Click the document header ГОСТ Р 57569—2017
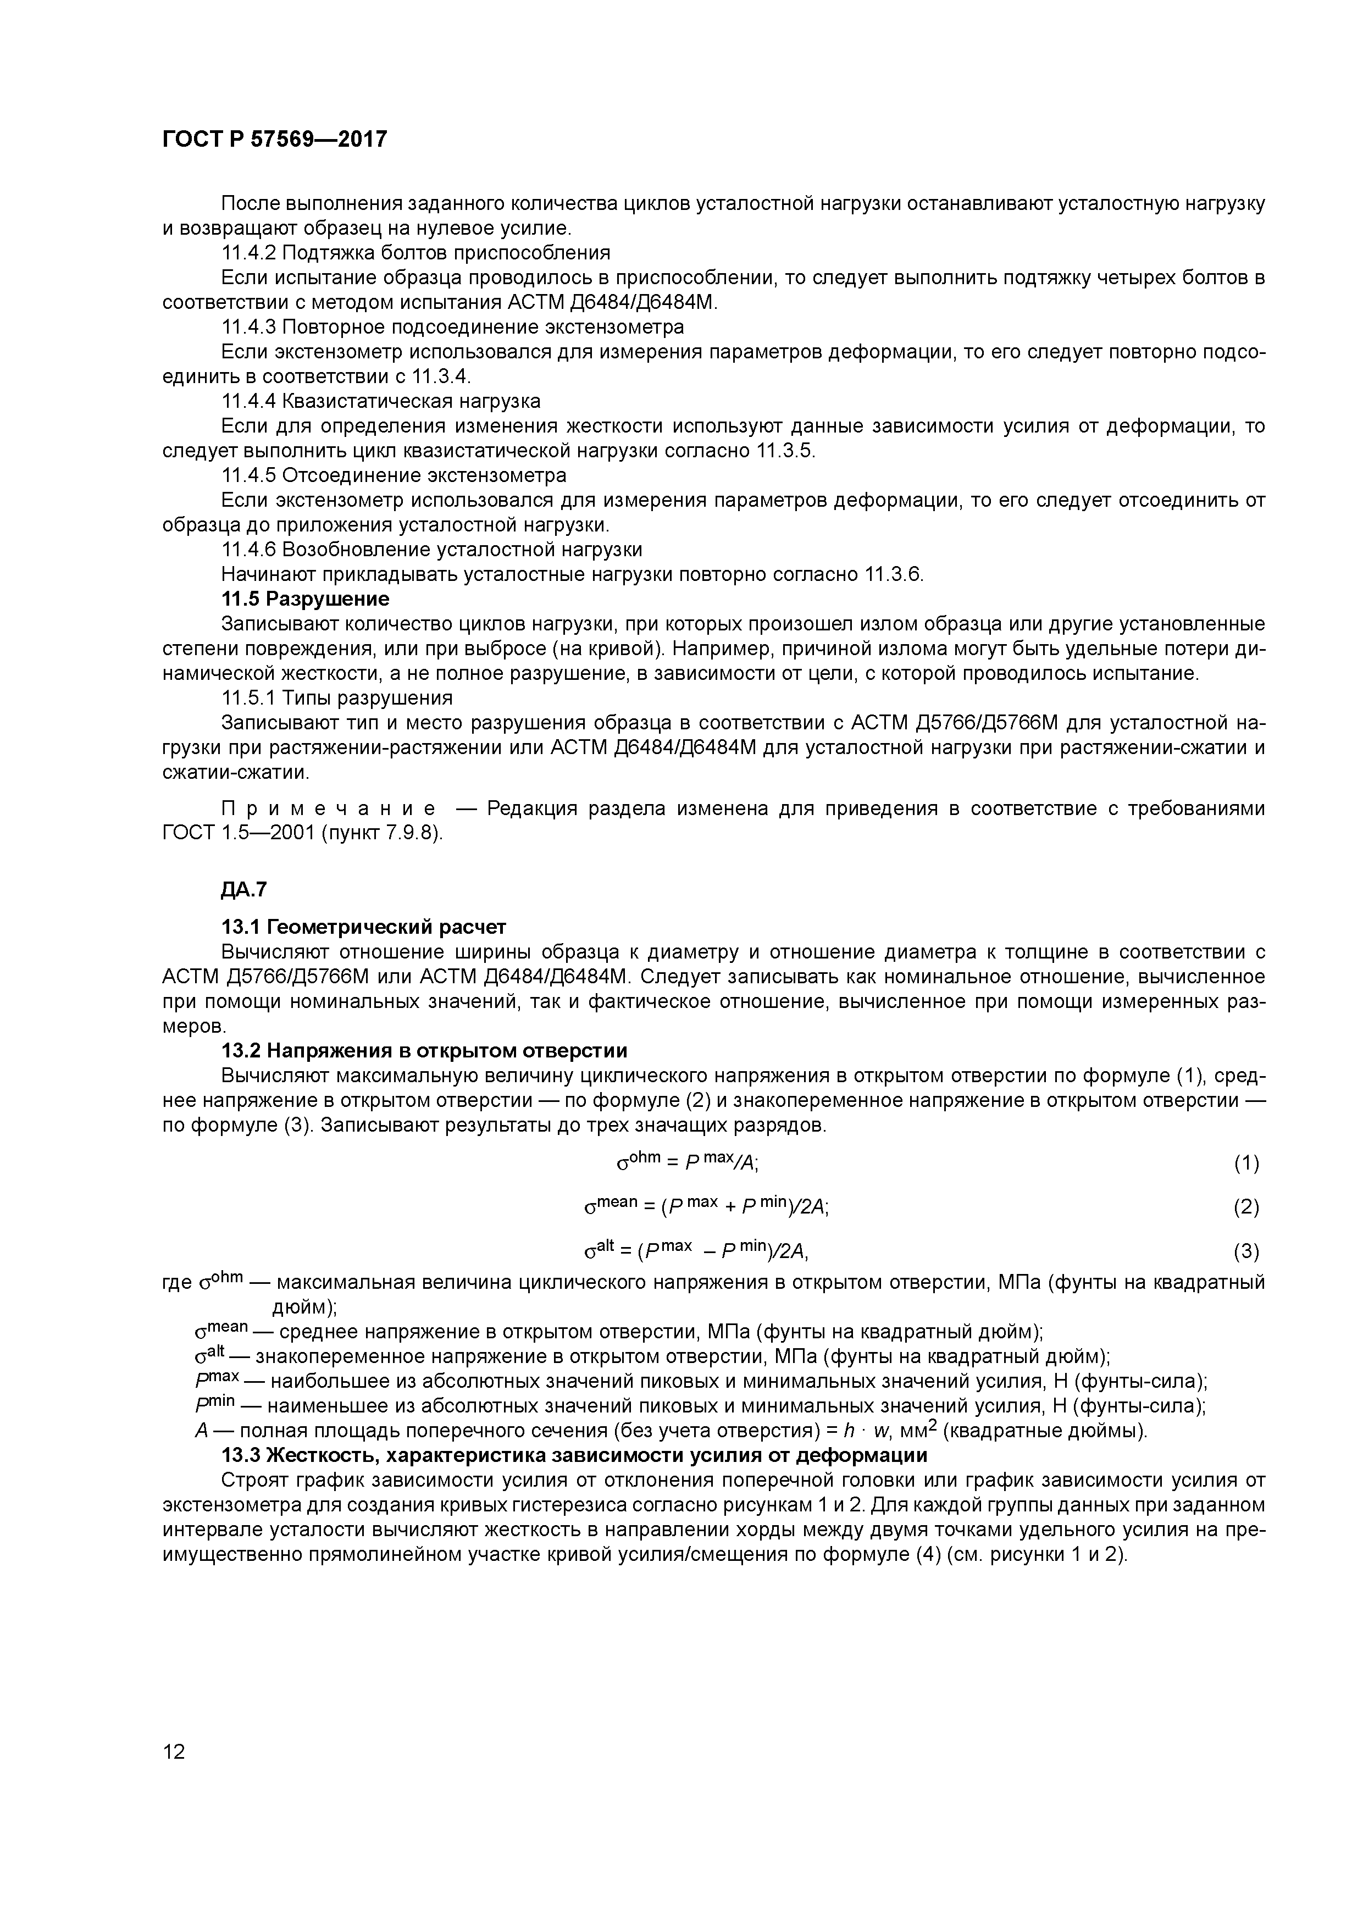pyautogui.click(x=275, y=138)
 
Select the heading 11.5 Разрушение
pyautogui.click(x=305, y=599)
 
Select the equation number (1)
pyautogui.click(x=1246, y=1163)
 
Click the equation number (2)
pyautogui.click(x=1246, y=1207)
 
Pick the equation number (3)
pyautogui.click(x=1246, y=1252)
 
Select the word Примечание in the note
pyautogui.click(x=328, y=808)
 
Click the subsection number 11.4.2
pyautogui.click(x=248, y=253)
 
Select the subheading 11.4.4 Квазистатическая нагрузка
pyautogui.click(x=380, y=401)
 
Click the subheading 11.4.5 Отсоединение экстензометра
pyautogui.click(x=393, y=475)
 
